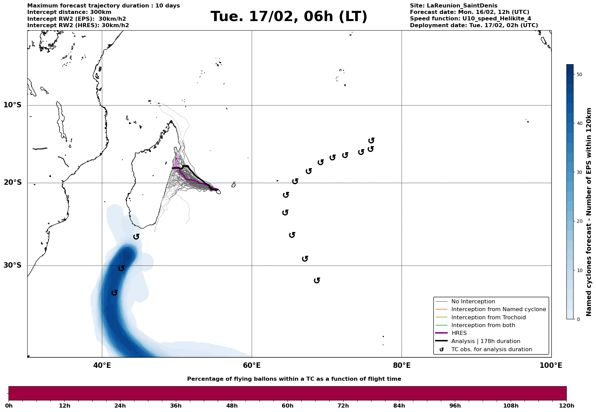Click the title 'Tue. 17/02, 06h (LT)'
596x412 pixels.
(x=289, y=17)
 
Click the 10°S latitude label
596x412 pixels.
(x=13, y=105)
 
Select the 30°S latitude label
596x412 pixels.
(x=13, y=265)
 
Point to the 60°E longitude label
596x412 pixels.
(x=252, y=366)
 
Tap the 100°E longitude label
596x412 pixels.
(x=551, y=366)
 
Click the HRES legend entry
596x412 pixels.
(x=459, y=333)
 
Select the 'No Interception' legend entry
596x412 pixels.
(x=473, y=302)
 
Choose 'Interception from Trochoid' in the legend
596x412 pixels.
(x=488, y=318)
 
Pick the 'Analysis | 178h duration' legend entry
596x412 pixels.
(x=485, y=341)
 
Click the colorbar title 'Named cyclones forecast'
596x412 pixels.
(x=589, y=212)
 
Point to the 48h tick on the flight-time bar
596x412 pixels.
(x=232, y=406)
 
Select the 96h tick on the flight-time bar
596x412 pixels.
(x=455, y=406)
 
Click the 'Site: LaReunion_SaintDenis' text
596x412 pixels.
(x=453, y=6)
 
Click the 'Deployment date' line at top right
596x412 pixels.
(x=474, y=25)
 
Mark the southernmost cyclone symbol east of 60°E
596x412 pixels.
(x=317, y=280)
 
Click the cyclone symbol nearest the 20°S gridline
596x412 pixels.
(x=295, y=181)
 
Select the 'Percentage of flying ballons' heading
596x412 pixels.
(x=294, y=379)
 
